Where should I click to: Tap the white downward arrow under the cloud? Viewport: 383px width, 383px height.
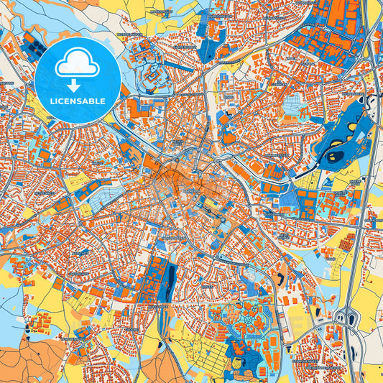click(x=78, y=84)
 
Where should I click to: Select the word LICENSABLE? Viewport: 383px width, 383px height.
click(x=78, y=101)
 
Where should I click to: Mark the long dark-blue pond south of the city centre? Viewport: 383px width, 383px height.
click(x=171, y=276)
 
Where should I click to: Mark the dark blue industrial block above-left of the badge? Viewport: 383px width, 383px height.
click(x=33, y=45)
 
